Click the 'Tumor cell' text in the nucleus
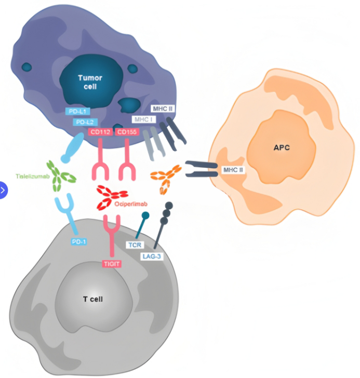90,82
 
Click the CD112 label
100,132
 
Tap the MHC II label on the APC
233,170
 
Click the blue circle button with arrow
4,190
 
